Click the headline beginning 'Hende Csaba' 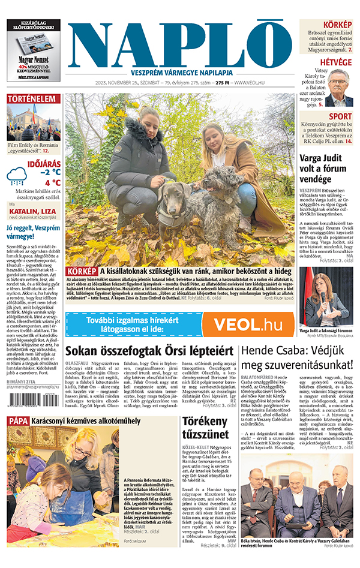tap(296, 358)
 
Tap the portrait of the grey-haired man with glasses tap(338, 88)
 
